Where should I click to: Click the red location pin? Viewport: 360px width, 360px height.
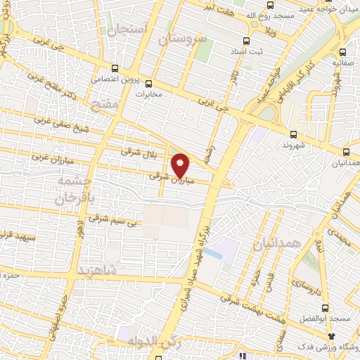point(181,165)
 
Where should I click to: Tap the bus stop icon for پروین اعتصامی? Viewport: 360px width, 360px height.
point(115,68)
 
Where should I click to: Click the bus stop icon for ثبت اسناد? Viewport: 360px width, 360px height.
point(246,41)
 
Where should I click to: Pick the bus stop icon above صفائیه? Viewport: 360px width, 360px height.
point(342,51)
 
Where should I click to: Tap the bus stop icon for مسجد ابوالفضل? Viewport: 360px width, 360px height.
point(324,308)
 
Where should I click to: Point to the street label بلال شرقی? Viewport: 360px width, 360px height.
point(135,151)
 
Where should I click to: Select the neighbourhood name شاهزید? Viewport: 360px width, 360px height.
point(94,270)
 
